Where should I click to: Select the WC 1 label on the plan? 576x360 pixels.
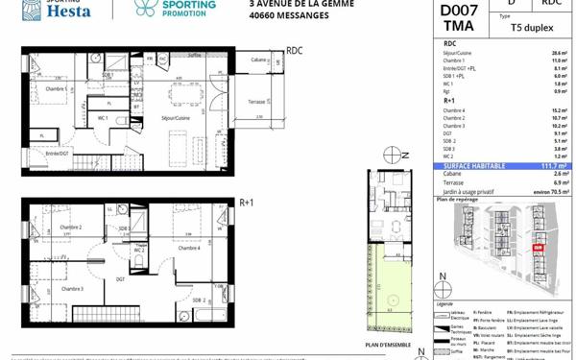114,117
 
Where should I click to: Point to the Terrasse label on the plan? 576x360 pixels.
256,101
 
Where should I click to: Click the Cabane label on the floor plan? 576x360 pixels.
258,60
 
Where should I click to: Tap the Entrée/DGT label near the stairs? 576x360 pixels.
57,153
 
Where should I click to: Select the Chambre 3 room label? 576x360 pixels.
72,288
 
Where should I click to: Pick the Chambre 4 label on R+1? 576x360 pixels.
189,248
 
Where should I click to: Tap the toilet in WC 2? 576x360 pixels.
139,259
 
